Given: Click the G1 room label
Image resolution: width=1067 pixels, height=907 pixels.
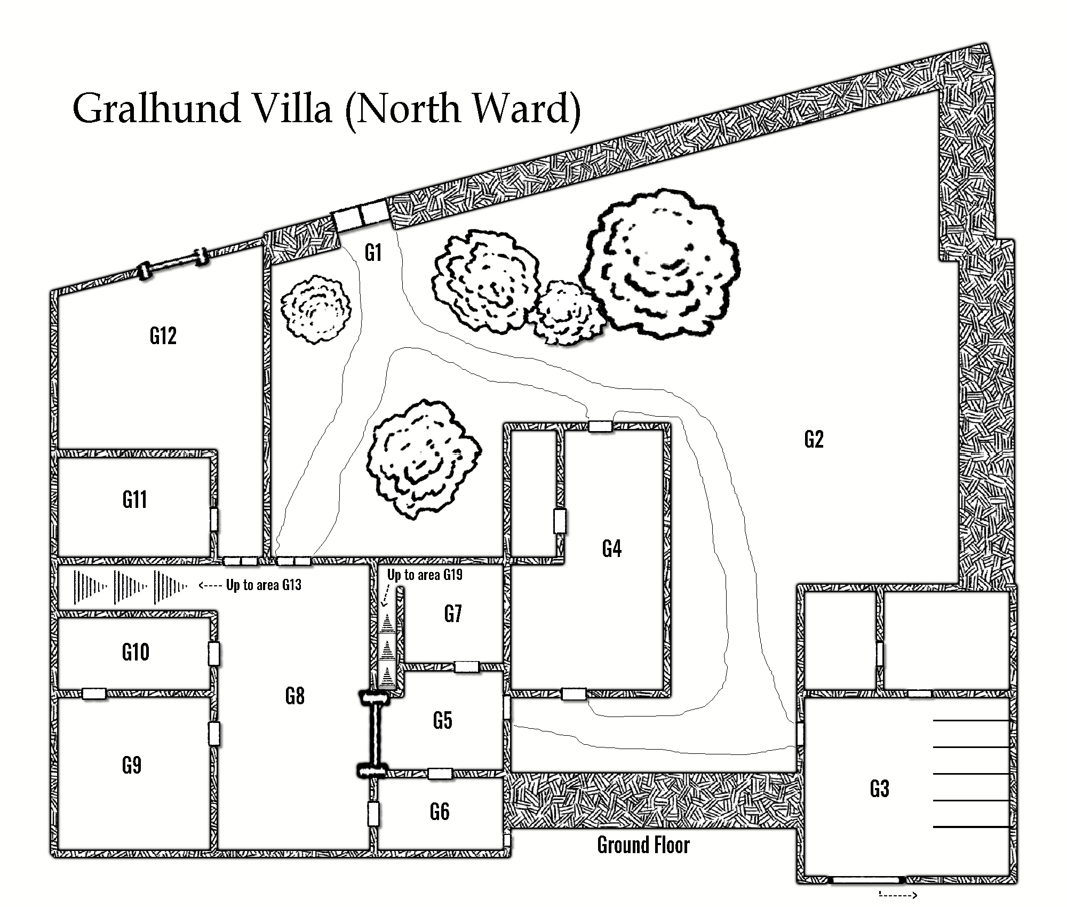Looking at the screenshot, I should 373,252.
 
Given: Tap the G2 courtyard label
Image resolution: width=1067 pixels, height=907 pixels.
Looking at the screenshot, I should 814,439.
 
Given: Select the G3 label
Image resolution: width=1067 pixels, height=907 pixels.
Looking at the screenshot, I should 879,788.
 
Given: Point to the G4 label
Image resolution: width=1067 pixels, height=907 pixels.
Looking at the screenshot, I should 611,548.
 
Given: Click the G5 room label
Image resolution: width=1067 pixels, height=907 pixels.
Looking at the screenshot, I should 442,720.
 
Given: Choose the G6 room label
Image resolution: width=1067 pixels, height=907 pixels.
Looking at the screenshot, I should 439,811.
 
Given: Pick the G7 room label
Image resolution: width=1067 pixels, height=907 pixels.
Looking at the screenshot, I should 452,614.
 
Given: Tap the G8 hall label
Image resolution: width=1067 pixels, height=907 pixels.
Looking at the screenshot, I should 294,696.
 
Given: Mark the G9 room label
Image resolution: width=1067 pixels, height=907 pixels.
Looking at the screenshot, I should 132,766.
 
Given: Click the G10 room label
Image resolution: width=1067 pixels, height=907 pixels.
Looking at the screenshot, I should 136,652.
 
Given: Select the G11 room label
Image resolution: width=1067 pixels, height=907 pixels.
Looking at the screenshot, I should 134,499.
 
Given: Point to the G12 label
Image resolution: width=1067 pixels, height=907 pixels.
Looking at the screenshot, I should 163,336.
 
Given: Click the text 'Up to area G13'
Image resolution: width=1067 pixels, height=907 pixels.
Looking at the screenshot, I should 264,585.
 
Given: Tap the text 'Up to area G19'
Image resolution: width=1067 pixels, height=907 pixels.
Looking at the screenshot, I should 425,575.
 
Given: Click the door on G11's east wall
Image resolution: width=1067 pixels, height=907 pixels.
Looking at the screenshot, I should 213,519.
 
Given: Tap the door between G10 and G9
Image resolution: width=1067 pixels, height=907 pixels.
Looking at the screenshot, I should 94,694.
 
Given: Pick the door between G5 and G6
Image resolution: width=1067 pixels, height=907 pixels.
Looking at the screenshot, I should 440,774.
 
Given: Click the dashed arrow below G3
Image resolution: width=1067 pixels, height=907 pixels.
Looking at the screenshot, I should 898,895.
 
